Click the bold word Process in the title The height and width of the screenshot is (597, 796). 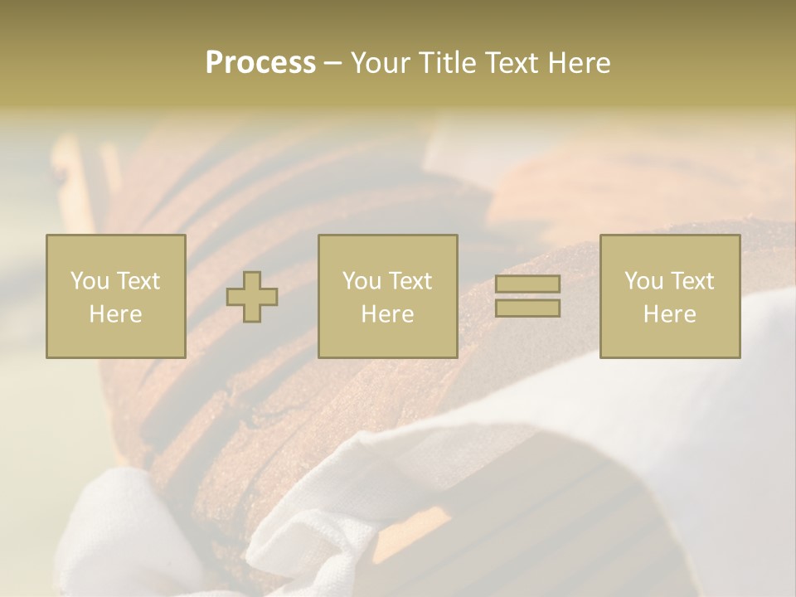260,63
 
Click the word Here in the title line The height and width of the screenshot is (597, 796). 579,63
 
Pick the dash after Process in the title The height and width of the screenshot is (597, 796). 332,64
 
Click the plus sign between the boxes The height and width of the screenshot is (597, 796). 252,297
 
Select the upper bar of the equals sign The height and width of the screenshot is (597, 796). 527,284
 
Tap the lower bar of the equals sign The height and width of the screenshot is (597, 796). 527,308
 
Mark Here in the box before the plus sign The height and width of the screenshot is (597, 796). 115,314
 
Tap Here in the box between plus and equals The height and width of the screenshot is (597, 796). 388,314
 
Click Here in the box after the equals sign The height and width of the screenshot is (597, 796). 670,314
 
